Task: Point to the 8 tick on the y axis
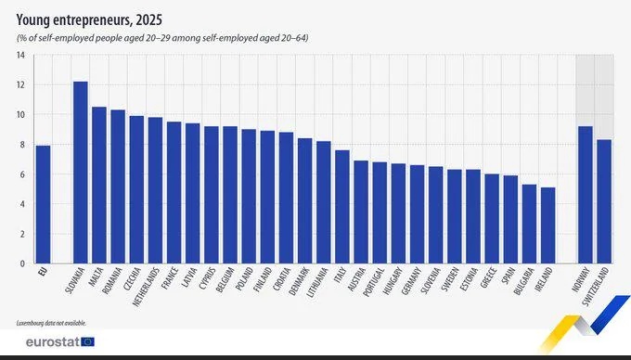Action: click(21, 145)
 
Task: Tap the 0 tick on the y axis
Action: click(21, 264)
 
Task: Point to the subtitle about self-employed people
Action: click(158, 36)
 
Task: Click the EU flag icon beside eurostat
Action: click(88, 341)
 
